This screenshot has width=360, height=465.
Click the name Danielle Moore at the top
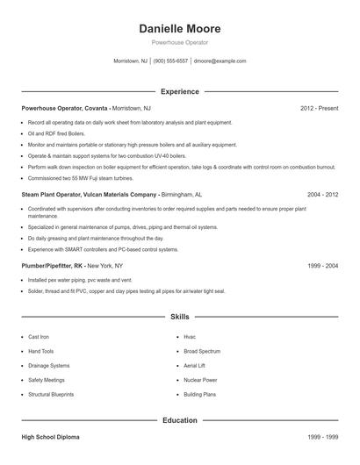pos(180,28)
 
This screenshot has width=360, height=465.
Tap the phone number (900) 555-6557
pos(171,61)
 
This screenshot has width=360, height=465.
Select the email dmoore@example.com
pos(220,61)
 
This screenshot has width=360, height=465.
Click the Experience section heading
pos(180,91)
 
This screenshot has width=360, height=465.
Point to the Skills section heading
pos(180,317)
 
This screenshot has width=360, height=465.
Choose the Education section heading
pos(180,420)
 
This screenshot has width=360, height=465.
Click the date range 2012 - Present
pos(319,108)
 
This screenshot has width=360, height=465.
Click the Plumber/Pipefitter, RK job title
pos(52,265)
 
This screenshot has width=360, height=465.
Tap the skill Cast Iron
pos(39,337)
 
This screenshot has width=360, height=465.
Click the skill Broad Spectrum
pos(202,351)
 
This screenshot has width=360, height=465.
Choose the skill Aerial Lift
pos(195,365)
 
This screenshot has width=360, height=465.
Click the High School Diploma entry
pos(52,436)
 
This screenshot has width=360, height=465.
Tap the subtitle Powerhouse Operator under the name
pos(180,42)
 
